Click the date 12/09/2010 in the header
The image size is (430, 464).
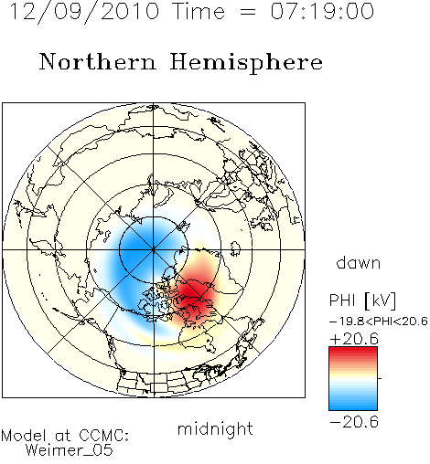84,12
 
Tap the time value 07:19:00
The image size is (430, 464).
322,11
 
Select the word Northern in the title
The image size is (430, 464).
98,61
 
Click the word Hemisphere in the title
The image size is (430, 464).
246,62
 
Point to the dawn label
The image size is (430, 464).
359,262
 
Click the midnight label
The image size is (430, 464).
215,429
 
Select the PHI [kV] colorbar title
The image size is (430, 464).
362,301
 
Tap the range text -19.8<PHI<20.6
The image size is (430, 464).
379,322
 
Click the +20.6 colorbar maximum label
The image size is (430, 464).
354,339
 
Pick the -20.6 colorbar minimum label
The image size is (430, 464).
354,422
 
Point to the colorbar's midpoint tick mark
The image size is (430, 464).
380,378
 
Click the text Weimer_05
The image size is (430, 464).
70,449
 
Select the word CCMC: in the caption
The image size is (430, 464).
104,436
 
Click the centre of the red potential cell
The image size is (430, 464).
193,297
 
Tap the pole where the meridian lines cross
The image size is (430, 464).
154,249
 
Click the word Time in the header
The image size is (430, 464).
199,12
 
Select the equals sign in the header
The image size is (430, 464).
248,12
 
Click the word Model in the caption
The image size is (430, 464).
24,436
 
